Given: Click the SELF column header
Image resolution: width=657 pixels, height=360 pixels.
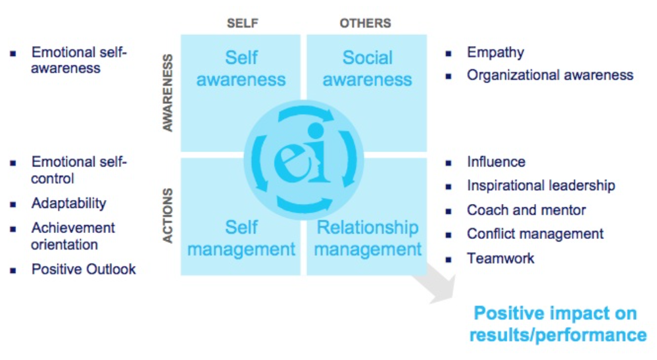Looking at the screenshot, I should tap(243, 24).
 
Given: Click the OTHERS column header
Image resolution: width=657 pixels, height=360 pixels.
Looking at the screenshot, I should tap(365, 24).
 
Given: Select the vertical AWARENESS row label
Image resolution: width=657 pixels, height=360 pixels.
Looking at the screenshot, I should tap(168, 93).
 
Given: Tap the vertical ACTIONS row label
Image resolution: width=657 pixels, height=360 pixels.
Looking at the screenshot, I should tap(168, 216).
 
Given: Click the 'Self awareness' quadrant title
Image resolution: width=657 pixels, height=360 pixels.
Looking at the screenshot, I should tap(241, 68).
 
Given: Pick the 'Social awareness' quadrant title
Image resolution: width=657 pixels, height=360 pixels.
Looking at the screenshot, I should tap(367, 68).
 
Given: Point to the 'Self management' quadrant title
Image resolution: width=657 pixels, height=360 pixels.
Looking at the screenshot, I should tap(241, 239).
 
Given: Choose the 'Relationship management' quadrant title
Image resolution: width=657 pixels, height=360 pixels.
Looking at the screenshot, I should tap(368, 238).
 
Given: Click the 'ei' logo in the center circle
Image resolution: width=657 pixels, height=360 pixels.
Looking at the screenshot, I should tap(303, 161).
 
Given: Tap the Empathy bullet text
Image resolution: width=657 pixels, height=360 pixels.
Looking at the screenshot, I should tap(495, 53).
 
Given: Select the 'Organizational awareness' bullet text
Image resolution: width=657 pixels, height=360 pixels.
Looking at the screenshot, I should tap(550, 75).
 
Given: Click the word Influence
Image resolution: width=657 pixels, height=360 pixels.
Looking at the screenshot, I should tap(496, 162).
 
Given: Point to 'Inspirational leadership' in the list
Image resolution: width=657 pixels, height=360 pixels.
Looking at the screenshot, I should tap(541, 186).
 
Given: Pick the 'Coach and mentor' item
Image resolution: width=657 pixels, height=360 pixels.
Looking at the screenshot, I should tap(526, 210).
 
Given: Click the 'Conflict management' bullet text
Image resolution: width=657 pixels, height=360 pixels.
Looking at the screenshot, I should tap(535, 234).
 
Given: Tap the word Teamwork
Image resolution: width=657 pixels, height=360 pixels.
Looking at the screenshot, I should tap(500, 258).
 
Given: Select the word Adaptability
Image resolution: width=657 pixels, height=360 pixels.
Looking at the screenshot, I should tap(68, 203).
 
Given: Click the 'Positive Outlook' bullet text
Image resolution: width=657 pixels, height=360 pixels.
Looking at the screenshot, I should tap(84, 269).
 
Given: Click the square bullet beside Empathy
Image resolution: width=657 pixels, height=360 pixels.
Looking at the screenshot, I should tap(449, 53).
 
